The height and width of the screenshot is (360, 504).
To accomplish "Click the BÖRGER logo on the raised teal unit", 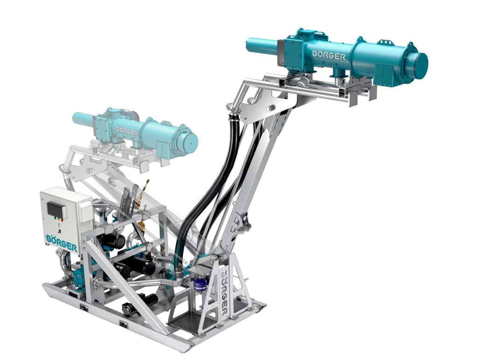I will pyautogui.click(x=329, y=55).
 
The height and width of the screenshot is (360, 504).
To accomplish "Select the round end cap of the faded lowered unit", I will pyautogui.click(x=190, y=143).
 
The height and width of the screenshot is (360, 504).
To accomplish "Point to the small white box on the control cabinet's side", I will pyautogui.click(x=85, y=213).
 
